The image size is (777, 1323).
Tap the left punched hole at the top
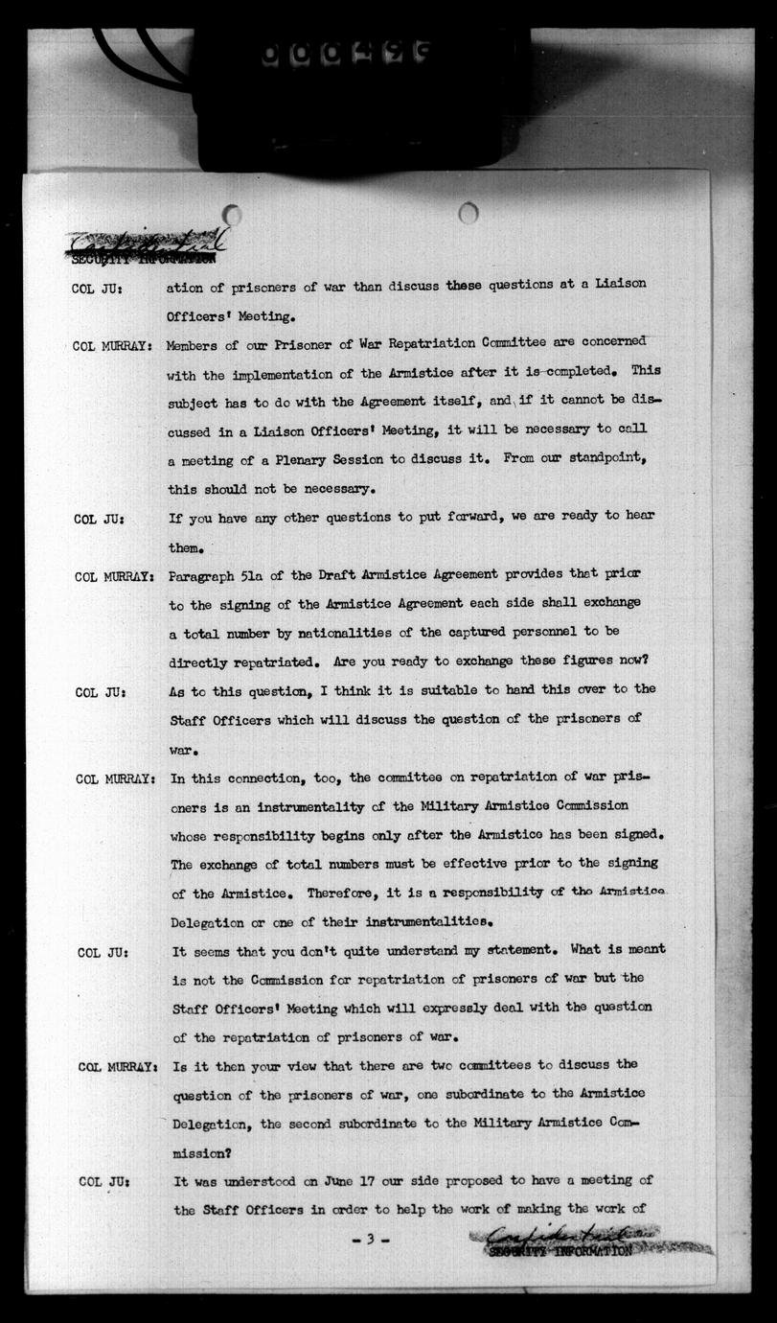[232, 215]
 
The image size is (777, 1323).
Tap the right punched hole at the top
[468, 213]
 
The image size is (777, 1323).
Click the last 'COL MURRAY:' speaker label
[118, 1066]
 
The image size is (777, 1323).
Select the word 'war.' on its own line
[184, 747]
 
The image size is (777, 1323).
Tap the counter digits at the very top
[344, 56]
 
